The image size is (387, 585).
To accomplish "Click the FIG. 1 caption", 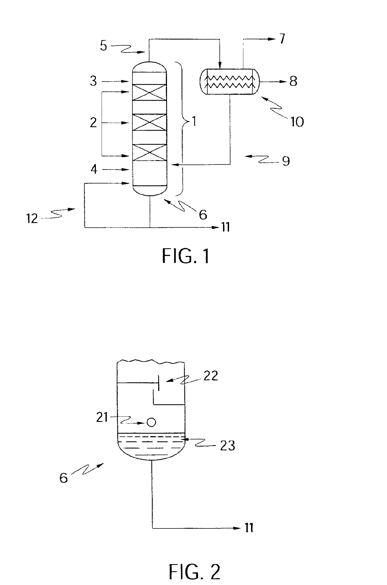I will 186,256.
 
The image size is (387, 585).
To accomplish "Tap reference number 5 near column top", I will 103,46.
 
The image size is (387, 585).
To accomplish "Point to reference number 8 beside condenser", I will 293,82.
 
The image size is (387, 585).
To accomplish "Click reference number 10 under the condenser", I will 295,121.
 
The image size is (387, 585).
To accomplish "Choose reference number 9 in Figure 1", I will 286,161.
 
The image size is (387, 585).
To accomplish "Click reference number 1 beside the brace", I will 194,121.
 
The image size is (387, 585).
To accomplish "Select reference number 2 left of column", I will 93,123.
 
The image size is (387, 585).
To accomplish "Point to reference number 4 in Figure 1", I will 94,170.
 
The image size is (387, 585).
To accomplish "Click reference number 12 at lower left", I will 32,219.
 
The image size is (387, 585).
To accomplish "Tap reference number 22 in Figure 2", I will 211,376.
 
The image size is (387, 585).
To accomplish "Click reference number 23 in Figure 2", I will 228,446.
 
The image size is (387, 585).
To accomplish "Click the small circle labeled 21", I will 151,422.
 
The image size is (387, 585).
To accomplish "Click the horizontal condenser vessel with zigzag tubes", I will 229,82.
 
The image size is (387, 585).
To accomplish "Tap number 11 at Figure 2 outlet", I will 249,528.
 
